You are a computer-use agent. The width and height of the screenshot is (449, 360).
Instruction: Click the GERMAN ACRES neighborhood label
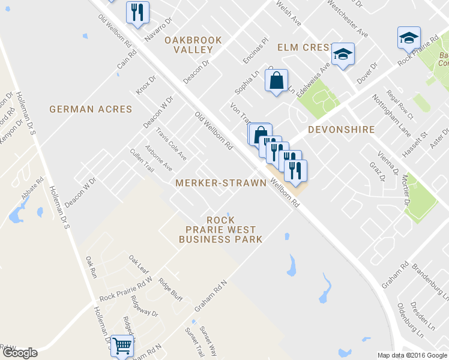click(91, 109)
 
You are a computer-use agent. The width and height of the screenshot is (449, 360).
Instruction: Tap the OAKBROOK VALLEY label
click(193, 45)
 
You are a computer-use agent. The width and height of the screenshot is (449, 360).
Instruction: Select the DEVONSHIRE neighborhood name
click(342, 130)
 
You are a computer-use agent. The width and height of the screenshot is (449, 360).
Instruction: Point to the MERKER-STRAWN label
click(220, 182)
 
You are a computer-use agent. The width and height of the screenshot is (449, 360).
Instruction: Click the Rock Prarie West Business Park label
click(220, 230)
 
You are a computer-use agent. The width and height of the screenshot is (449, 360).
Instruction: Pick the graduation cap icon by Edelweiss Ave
click(344, 55)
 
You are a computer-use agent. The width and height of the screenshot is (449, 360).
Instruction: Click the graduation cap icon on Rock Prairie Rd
click(409, 37)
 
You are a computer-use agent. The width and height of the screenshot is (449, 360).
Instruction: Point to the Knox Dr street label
click(146, 85)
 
